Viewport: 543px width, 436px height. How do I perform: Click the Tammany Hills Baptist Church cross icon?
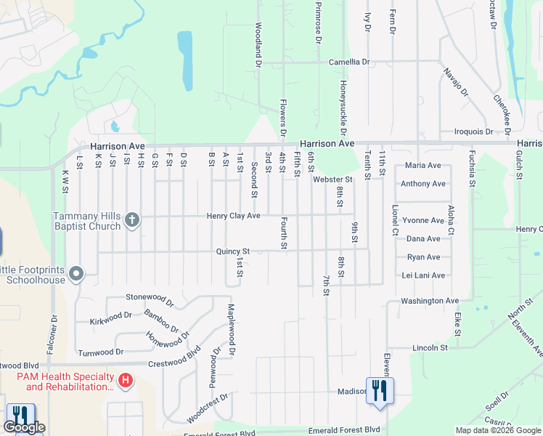coord(131,220)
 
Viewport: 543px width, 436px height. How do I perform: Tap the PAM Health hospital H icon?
coord(126,380)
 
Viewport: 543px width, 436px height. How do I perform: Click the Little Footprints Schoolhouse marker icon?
coord(77,275)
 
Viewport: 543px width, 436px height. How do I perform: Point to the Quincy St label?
coord(232,251)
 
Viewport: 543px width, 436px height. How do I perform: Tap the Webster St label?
coord(332,179)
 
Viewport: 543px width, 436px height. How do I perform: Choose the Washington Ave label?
coord(430,300)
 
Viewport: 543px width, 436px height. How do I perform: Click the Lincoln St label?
coord(429,348)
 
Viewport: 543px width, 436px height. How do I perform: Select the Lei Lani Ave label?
coord(424,275)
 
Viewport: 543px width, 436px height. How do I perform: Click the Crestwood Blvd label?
coord(174,363)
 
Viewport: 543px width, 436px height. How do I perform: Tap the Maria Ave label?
coord(424,166)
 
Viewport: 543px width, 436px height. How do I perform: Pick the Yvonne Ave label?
coord(425,220)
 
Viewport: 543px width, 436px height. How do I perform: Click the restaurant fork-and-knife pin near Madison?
coord(380,391)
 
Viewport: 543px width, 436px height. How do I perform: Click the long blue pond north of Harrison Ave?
coord(185,57)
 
